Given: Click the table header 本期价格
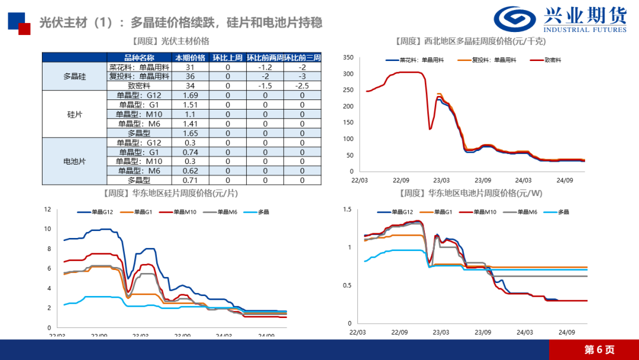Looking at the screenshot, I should coord(190,57).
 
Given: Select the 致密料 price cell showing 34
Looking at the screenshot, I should coord(190,86).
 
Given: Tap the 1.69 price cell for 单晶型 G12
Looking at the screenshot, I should coord(190,95).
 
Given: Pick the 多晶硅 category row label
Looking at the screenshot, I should coord(75,76).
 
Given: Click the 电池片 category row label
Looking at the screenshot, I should coord(75,161).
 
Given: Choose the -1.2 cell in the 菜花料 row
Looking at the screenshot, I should coord(265,67).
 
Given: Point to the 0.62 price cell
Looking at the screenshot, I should coord(190,171).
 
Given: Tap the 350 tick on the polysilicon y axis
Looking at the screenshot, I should coord(348,57).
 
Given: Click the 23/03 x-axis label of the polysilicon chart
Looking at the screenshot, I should coord(441,180).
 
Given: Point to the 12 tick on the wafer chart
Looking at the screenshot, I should coord(48,209).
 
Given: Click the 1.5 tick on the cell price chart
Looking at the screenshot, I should coord(347,210).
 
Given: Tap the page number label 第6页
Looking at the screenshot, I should coord(599,350).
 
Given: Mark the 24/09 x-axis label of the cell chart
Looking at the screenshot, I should coord(567,332).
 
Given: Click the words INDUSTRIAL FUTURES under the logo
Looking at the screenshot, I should coord(585,30).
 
